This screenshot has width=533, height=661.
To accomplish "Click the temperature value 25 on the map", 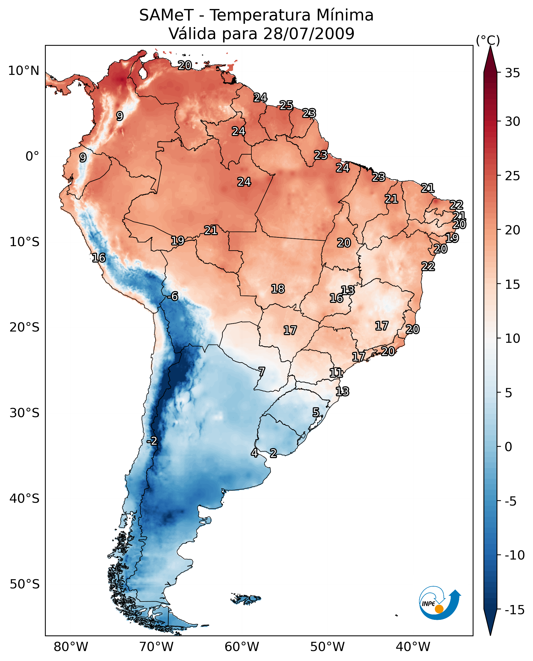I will pos(286,105).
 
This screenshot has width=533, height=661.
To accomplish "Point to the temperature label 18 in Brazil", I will pos(277,289).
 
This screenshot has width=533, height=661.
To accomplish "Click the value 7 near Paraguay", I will pos(261,372).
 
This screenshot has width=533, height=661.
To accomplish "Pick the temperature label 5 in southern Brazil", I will pos(316,412).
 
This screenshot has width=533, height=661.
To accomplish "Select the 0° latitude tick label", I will pos(32,156).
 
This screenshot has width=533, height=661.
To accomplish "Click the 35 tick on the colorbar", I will pos(512,73).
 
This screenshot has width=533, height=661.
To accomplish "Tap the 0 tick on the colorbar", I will pos(508,447).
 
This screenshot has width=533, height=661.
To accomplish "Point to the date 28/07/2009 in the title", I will pos(309,33).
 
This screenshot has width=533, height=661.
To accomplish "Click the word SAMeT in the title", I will pos(166,15).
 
